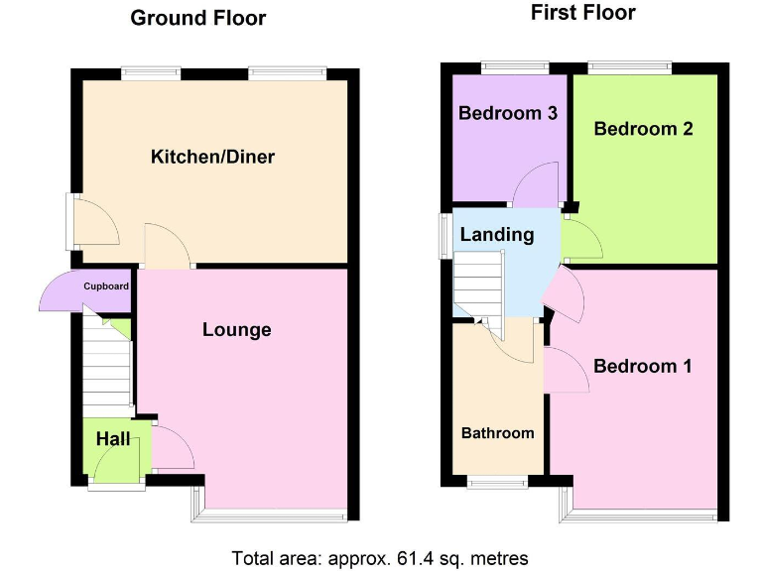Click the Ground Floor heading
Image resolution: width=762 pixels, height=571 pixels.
198,18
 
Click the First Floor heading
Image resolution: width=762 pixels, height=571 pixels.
583,13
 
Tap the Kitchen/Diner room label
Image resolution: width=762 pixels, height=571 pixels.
212,157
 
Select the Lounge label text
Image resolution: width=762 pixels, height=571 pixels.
236,330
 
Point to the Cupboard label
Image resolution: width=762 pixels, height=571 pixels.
106,286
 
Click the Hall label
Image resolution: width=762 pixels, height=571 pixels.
113,438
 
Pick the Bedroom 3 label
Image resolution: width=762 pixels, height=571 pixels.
507,113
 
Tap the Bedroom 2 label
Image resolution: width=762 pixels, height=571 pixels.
643,129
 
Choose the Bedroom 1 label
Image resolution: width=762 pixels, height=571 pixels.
642,366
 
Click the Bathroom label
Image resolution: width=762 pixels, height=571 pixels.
497,433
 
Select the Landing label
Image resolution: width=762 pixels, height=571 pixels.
496,235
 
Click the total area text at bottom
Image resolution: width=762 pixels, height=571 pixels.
380,557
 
